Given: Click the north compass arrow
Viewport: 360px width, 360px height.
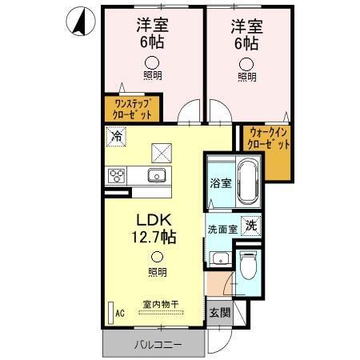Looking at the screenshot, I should (x=78, y=22).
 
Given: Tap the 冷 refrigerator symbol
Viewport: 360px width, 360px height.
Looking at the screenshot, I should (x=117, y=137).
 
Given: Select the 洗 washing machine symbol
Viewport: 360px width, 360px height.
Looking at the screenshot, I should (x=250, y=226).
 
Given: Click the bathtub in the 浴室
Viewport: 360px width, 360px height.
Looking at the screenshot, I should (x=247, y=183).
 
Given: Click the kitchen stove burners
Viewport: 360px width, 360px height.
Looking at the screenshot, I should (x=117, y=175).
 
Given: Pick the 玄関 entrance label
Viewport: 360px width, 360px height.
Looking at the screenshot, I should (x=218, y=313).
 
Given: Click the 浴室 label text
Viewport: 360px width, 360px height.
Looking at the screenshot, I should (x=220, y=183).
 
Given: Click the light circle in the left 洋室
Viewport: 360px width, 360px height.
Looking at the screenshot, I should (x=150, y=62).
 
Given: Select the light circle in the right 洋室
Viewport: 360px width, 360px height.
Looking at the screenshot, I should (x=247, y=62).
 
